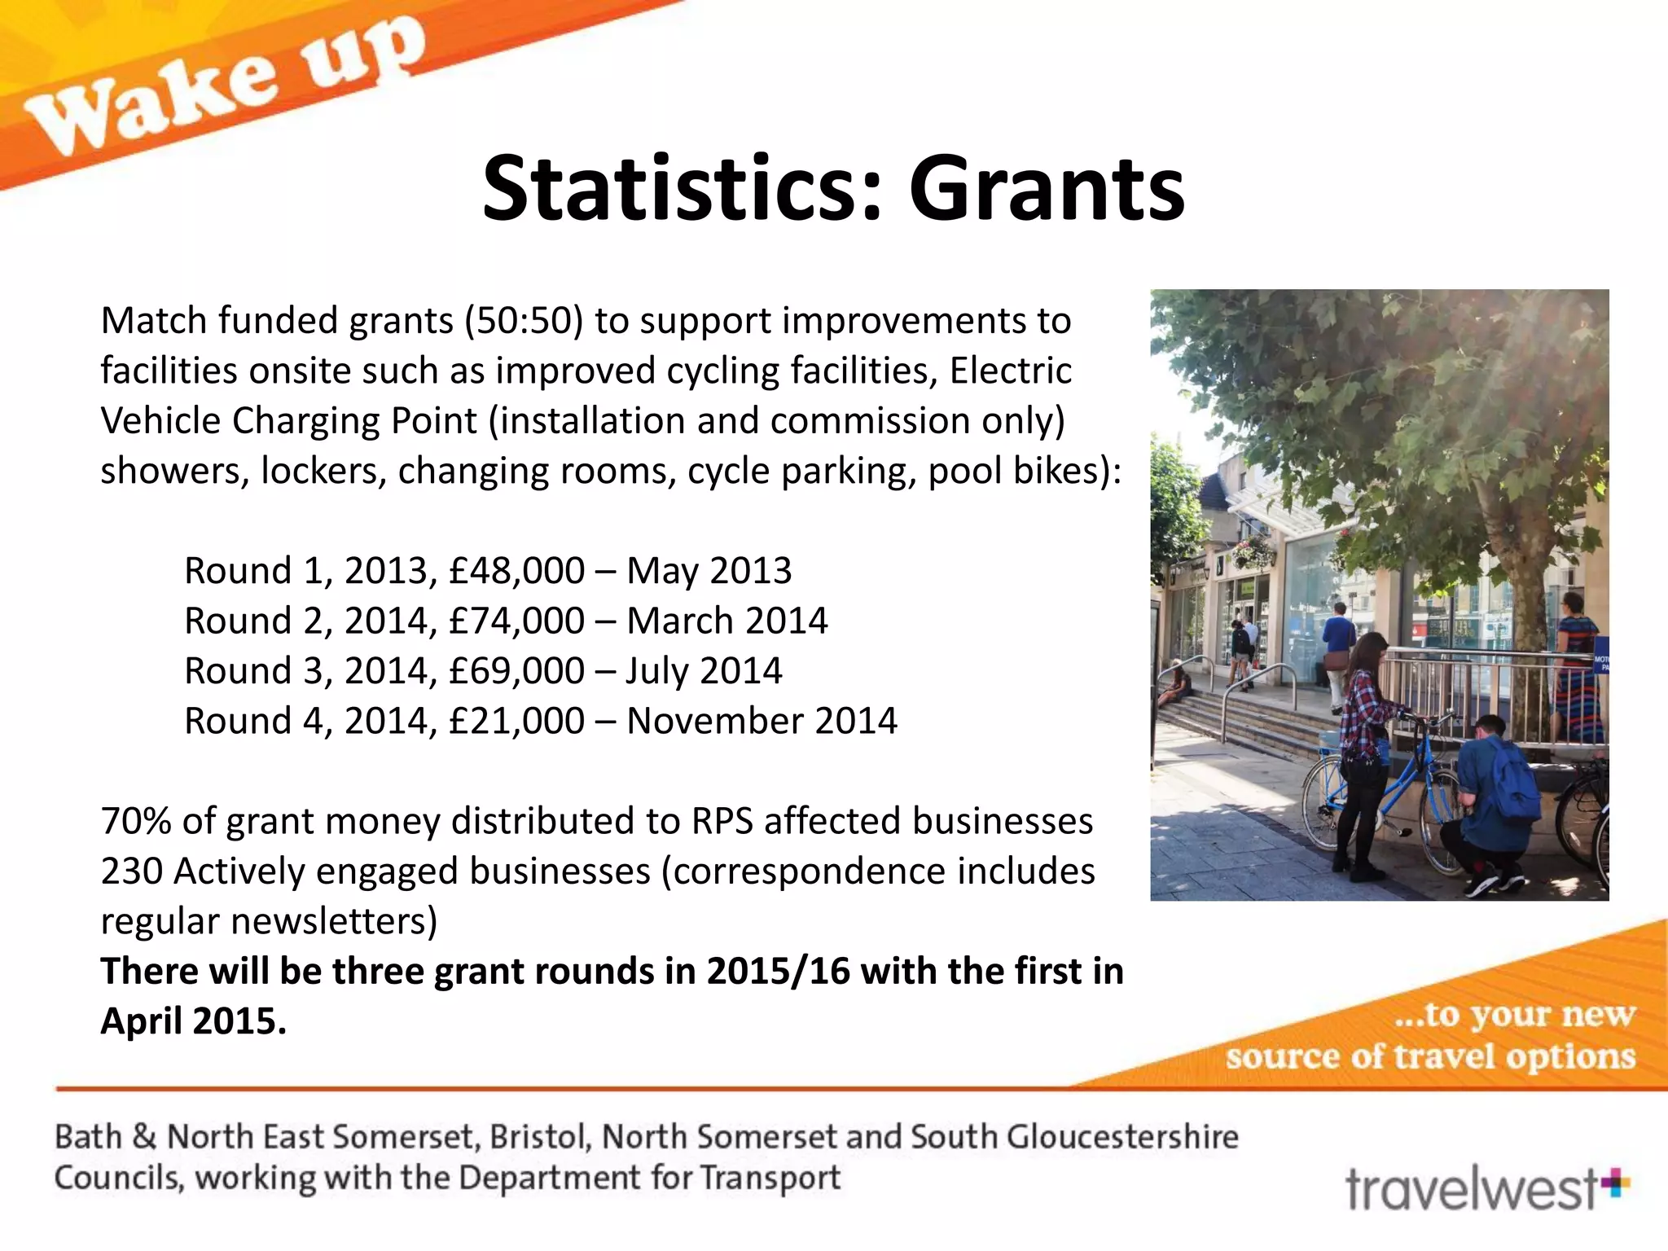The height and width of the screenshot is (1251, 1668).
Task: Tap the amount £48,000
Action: coord(516,571)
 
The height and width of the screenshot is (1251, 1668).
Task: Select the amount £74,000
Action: coord(516,621)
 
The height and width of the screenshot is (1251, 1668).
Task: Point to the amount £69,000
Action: coord(516,671)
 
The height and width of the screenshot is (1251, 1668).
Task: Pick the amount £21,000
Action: coord(516,722)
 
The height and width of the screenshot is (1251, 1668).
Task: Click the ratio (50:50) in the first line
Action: coord(524,321)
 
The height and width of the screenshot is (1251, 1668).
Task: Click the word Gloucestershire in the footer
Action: coord(1122,1137)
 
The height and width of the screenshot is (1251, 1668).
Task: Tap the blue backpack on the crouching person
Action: coord(1511,782)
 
